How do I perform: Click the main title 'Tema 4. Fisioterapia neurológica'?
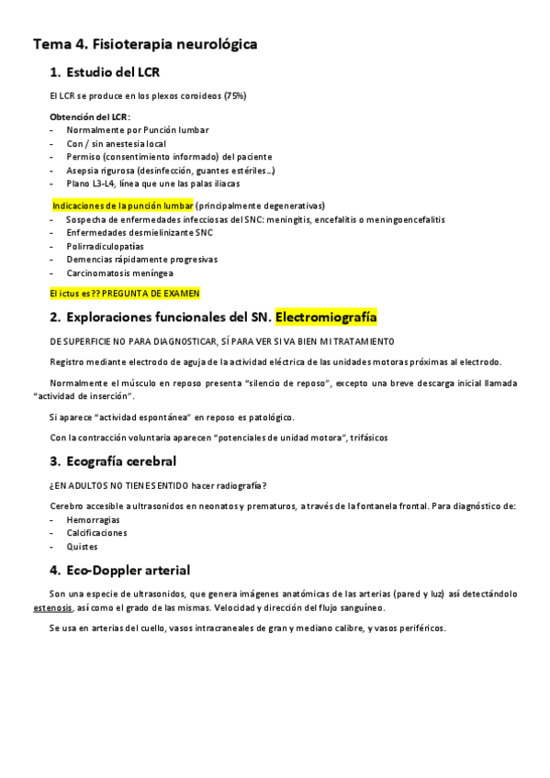click(x=145, y=43)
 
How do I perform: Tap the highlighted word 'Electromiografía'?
click(x=326, y=317)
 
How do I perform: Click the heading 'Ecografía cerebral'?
click(x=121, y=461)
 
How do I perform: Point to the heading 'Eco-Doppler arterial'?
click(x=129, y=570)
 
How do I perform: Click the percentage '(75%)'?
click(x=234, y=95)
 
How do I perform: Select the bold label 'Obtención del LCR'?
click(x=89, y=117)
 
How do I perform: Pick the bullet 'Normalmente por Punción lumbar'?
click(x=137, y=130)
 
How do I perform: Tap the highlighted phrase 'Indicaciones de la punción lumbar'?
click(x=123, y=206)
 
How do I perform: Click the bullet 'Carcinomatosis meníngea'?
click(x=119, y=273)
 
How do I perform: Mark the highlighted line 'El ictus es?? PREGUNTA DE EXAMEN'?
click(x=124, y=293)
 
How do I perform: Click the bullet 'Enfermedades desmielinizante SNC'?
click(x=139, y=233)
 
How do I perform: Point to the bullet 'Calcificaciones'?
click(x=96, y=532)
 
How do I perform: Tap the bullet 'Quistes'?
click(x=82, y=546)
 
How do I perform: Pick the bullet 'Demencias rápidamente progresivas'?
click(x=141, y=260)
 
